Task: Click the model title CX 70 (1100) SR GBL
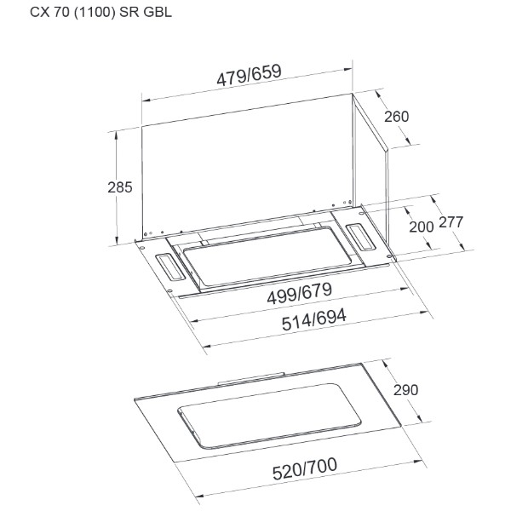pos(100,13)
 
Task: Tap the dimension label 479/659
pos(249,75)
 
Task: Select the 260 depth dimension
pos(396,117)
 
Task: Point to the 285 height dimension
pos(120,187)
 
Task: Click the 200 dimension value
pos(422,227)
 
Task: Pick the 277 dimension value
pos(451,222)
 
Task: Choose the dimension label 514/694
pos(313,320)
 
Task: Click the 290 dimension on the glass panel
pos(405,390)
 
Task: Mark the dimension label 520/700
pos(305,469)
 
